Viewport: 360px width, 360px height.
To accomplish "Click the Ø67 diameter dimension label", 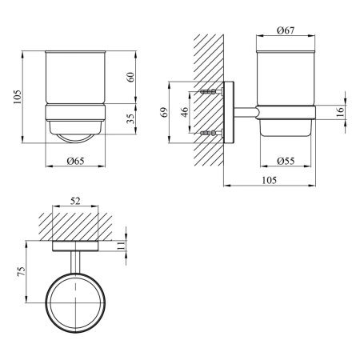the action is coord(286,30).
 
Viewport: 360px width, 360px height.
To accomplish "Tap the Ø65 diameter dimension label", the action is coord(75,161).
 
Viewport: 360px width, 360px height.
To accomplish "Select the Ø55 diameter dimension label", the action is coord(286,161).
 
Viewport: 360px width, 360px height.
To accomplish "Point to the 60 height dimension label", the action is coord(130,77).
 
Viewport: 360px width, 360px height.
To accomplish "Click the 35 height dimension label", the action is coord(130,118).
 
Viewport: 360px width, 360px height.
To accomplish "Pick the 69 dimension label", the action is coord(164,112).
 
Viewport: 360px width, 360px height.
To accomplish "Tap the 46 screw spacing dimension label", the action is coord(184,112).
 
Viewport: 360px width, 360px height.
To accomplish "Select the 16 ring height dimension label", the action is coord(340,112).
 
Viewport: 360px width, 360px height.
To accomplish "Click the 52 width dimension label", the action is coord(75,201).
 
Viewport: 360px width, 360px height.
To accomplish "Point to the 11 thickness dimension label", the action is coord(121,246).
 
